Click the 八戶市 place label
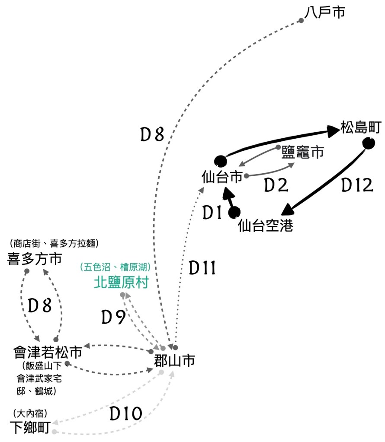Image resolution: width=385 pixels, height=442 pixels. pyautogui.click(x=325, y=12)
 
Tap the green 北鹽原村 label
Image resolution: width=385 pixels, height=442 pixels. pyautogui.click(x=121, y=283)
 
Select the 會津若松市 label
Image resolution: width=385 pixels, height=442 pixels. pyautogui.click(x=48, y=353)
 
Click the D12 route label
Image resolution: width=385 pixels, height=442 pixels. pyautogui.click(x=357, y=185)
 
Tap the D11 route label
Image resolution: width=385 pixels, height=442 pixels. pyautogui.click(x=202, y=268)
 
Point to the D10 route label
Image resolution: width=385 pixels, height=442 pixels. pyautogui.click(x=125, y=414)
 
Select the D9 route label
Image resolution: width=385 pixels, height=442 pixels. pyautogui.click(x=113, y=318)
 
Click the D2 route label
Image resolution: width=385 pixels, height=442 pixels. pyautogui.click(x=276, y=185)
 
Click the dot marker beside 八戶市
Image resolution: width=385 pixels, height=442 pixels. pyautogui.click(x=301, y=20)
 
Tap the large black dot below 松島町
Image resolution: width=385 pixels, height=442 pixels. pyautogui.click(x=368, y=143)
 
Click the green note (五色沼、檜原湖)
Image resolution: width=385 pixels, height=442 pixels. pyautogui.click(x=118, y=267)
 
